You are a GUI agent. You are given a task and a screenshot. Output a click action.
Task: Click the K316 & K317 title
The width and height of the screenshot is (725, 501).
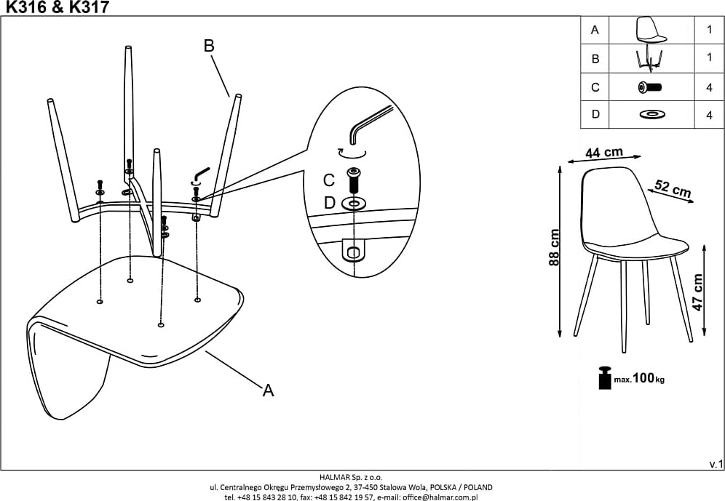[58, 7]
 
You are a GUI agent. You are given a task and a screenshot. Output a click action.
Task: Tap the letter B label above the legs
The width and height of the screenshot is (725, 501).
[209, 45]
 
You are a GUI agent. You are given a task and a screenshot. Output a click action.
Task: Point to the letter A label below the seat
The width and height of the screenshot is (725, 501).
[268, 390]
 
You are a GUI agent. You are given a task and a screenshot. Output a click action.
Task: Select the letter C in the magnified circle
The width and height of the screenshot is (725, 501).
[329, 179]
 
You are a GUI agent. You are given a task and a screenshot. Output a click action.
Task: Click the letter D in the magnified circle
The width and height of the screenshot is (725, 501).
[329, 203]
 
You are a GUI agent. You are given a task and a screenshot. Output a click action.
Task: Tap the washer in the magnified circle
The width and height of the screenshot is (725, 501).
[354, 203]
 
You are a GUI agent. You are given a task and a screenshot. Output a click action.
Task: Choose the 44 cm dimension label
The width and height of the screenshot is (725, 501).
[604, 153]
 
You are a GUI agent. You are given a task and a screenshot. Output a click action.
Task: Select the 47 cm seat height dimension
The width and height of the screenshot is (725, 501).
[698, 292]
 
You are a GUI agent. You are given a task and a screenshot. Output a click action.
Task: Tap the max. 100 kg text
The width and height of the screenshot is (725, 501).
[638, 380]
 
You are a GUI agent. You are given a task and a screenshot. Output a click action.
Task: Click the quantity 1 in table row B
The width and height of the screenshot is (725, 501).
[709, 58]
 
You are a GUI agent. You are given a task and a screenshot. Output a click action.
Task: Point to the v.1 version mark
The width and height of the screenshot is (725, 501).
[716, 463]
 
